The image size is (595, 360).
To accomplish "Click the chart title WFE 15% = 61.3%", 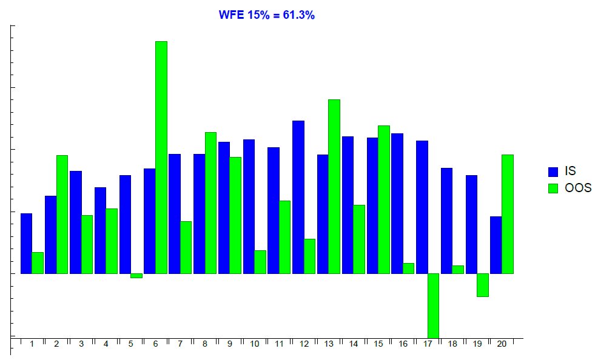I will coord(266,15).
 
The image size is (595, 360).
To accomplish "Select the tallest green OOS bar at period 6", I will coord(161,158).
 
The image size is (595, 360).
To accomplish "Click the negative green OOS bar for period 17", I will coord(433,305).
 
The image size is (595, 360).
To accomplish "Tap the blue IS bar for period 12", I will coord(298,197).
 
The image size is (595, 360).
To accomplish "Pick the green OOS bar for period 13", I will coord(334,187).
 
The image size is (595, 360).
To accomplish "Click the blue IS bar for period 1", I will coord(26,244).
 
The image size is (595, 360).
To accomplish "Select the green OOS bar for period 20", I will coord(508,214).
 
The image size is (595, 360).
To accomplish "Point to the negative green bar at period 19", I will coord(482,285).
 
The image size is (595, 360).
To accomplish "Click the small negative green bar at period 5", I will coord(136,276).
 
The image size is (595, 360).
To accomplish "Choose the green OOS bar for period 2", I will coord(62,215).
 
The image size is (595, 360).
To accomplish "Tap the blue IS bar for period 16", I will coord(397,204).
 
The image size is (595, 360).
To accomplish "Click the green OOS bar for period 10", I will coord(260,262).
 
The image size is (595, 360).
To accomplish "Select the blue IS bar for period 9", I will coord(224,208).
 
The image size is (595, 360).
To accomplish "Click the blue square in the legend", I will coord(553,172).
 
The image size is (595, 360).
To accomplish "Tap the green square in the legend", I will coord(553,188).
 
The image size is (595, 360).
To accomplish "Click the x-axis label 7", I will coord(180,344).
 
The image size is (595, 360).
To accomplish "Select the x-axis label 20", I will coord(502,344).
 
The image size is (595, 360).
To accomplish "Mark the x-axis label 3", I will coord(81,344).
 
